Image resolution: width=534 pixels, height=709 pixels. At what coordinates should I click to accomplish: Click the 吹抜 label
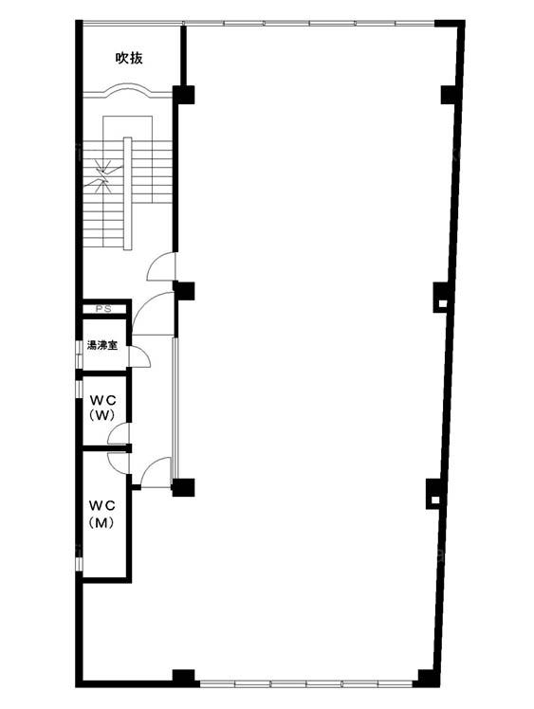(x=129, y=59)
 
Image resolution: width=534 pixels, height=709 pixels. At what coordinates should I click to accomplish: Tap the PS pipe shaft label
(x=104, y=309)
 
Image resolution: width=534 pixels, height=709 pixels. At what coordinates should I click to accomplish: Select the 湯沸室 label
(x=102, y=346)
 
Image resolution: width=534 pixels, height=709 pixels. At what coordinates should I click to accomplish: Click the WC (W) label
(x=102, y=408)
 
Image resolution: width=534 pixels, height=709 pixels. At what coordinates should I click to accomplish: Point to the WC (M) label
(x=101, y=514)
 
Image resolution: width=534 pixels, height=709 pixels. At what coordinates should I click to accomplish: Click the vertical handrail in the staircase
(x=128, y=193)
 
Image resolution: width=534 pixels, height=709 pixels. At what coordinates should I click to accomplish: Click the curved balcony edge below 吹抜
(x=128, y=89)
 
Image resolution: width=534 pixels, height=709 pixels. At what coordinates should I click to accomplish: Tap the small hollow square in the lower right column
(x=435, y=500)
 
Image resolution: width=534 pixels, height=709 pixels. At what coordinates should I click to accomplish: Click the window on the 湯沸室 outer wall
(x=79, y=352)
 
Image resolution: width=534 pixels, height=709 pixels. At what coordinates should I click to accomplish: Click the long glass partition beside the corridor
(x=175, y=409)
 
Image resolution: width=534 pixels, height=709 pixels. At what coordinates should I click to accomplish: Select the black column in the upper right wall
(x=449, y=95)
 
